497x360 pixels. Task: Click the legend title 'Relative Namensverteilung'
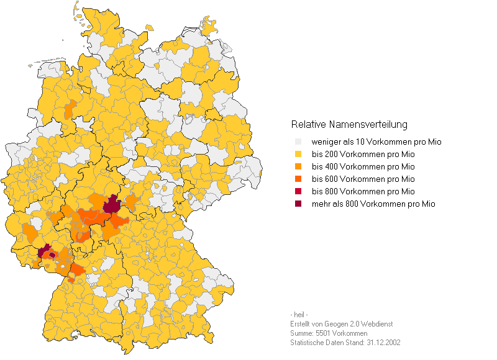(349, 125)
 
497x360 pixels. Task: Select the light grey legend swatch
(298, 142)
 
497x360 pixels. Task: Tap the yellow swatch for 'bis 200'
(298, 155)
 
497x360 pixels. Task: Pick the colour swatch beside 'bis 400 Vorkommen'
(298, 167)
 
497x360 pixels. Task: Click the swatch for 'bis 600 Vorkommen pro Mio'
(298, 179)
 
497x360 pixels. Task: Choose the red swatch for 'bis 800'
(298, 191)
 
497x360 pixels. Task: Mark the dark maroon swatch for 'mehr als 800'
(298, 204)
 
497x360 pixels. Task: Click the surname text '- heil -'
(299, 315)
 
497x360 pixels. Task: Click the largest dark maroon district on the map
(112, 204)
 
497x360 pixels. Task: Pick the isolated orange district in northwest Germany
(70, 109)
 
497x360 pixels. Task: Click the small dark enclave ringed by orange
(52, 254)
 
